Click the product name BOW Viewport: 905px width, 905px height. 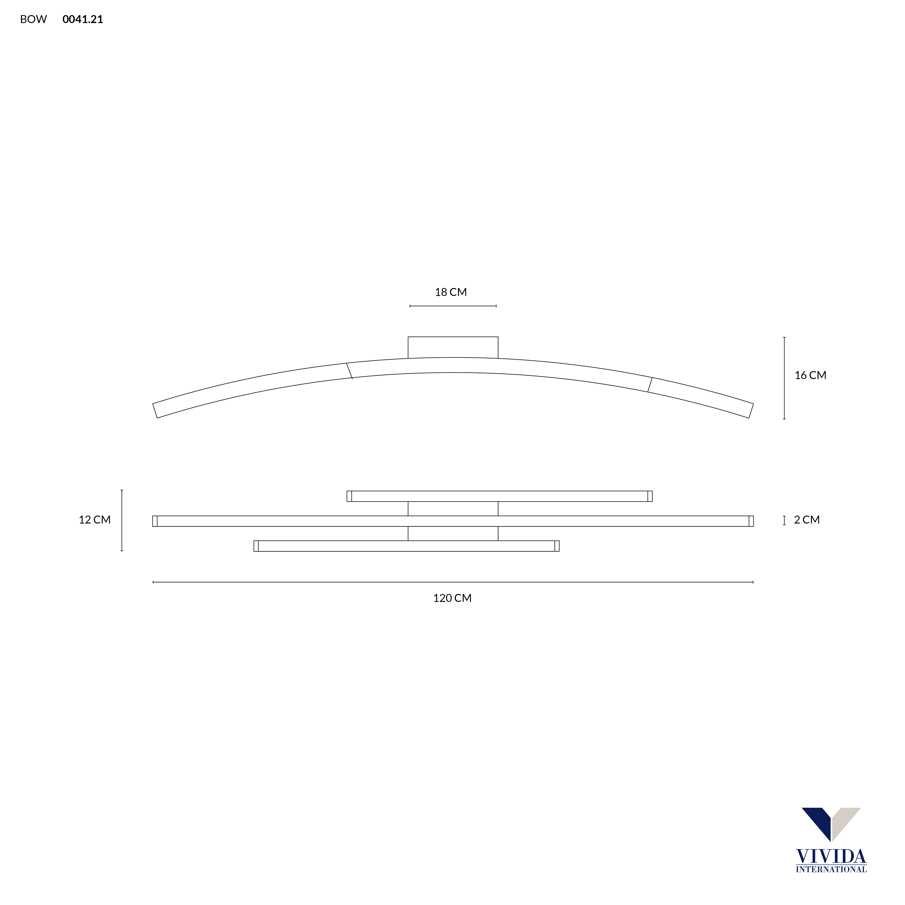pyautogui.click(x=33, y=19)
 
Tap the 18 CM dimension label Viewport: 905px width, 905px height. pyautogui.click(x=451, y=292)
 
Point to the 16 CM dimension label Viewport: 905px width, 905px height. pyautogui.click(x=810, y=375)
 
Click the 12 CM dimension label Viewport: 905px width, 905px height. pyautogui.click(x=95, y=520)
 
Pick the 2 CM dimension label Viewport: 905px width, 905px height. pyautogui.click(x=807, y=520)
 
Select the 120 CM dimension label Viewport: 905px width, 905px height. pyautogui.click(x=452, y=598)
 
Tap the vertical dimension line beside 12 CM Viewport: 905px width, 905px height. pyautogui.click(x=122, y=520)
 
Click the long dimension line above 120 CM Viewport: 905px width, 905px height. pyautogui.click(x=453, y=582)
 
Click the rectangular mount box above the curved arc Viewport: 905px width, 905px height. pyautogui.click(x=453, y=347)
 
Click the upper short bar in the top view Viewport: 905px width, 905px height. pyautogui.click(x=499, y=496)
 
